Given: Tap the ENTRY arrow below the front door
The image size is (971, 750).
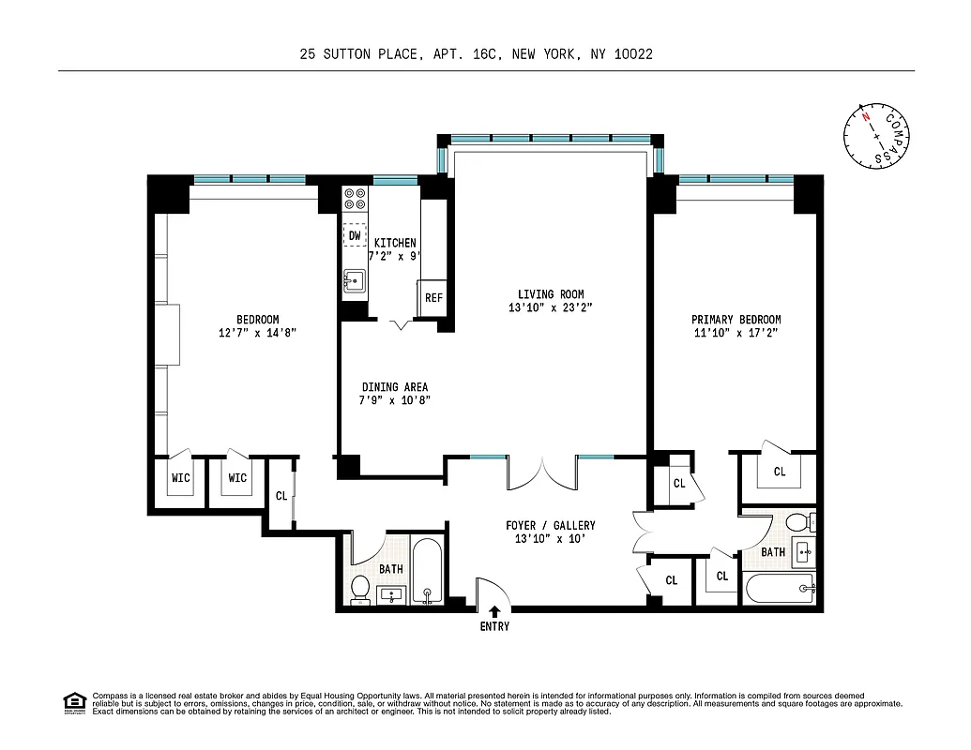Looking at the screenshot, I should click(x=494, y=612).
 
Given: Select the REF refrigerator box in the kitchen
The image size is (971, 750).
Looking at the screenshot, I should click(x=433, y=298).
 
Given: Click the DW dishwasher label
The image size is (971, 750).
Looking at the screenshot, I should click(x=355, y=236).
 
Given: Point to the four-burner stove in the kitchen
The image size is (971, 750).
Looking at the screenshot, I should click(x=355, y=198).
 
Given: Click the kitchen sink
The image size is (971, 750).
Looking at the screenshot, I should click(x=355, y=279).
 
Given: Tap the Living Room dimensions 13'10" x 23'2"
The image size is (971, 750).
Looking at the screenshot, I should click(x=551, y=307).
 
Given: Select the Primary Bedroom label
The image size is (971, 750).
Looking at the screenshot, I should click(x=736, y=320).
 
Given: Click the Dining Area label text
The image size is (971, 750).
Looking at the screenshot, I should click(x=395, y=387).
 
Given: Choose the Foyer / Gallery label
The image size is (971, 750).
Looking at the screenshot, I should click(x=550, y=525).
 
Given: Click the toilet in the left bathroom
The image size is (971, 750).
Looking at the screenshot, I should click(x=359, y=588).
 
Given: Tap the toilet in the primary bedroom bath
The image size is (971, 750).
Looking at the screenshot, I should click(x=797, y=522).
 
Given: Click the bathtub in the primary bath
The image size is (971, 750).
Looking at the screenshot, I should click(x=781, y=590).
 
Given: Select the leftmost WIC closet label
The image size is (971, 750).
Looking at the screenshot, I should click(x=180, y=478).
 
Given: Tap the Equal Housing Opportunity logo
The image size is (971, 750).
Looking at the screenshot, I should click(x=74, y=702).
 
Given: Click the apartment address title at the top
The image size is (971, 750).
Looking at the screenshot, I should click(x=476, y=54).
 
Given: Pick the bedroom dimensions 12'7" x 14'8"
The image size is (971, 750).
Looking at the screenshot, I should click(x=257, y=333).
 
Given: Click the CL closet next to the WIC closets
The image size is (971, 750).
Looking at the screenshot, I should click(x=281, y=496).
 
